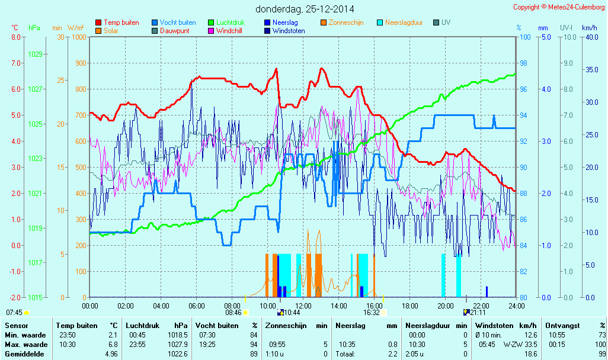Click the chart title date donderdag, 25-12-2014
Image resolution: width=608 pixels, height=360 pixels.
pyautogui.click(x=305, y=9)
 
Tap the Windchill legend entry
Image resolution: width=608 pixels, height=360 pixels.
pyautogui.click(x=228, y=31)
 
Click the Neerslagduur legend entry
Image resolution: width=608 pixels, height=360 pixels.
pyautogui.click(x=404, y=22)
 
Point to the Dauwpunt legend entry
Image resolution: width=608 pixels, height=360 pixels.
pyautogui.click(x=174, y=31)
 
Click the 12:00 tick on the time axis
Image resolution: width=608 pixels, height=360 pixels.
pyautogui.click(x=303, y=306)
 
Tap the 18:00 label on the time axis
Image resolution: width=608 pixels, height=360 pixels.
pyautogui.click(x=410, y=306)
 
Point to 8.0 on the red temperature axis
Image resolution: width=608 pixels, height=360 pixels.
pyautogui.click(x=16, y=37)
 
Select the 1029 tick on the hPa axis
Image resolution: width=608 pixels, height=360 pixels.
pyautogui.click(x=35, y=54)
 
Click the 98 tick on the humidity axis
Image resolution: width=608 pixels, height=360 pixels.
pyautogui.click(x=524, y=63)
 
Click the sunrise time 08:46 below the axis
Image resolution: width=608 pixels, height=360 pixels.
pyautogui.click(x=233, y=312)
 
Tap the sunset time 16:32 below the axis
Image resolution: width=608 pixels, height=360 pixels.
pyautogui.click(x=372, y=312)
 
